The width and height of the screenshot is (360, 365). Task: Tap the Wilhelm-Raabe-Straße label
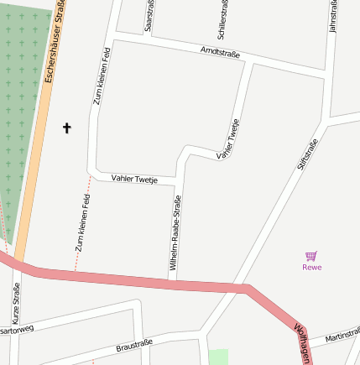pyautogui.click(x=175, y=236)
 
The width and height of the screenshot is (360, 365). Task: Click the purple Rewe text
pyautogui.click(x=311, y=267)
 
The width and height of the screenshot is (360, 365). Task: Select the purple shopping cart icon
pyautogui.click(x=311, y=255)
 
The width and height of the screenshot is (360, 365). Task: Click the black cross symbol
pyautogui.click(x=67, y=128)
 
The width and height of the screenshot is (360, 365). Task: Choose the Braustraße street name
pyautogui.click(x=134, y=344)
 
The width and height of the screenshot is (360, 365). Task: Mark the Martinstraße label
pyautogui.click(x=342, y=335)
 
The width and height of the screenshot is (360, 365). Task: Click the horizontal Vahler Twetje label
pyautogui.click(x=134, y=180)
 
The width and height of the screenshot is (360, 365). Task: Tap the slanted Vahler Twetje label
pyautogui.click(x=234, y=139)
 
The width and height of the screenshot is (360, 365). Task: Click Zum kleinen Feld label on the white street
pyautogui.click(x=100, y=76)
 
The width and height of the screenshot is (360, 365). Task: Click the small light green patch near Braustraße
pyautogui.click(x=218, y=357)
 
